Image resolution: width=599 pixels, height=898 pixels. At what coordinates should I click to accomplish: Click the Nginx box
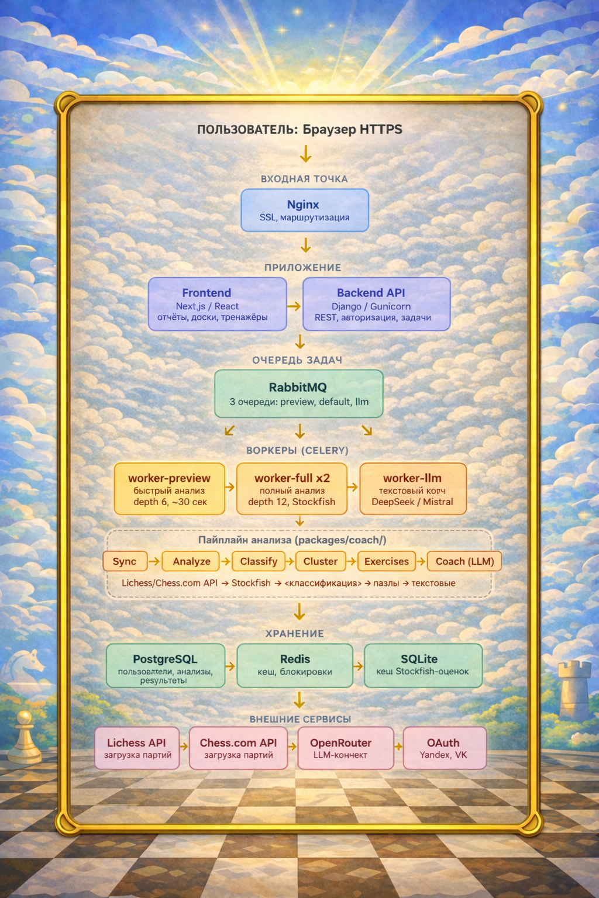pyautogui.click(x=305, y=210)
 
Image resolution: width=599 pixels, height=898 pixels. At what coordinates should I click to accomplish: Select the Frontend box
pyautogui.click(x=217, y=304)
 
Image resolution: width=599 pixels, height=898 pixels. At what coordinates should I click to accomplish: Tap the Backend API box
pyautogui.click(x=376, y=304)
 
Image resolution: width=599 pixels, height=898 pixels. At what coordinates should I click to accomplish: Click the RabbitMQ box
pyautogui.click(x=298, y=393)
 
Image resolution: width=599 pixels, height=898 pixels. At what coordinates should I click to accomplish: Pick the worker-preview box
pyautogui.click(x=169, y=489)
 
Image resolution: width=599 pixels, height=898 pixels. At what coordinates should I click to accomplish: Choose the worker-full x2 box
pyautogui.click(x=292, y=489)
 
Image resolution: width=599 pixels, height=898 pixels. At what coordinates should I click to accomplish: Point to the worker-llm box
pyautogui.click(x=412, y=489)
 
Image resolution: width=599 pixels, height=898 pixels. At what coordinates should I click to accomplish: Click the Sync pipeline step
pyautogui.click(x=124, y=561)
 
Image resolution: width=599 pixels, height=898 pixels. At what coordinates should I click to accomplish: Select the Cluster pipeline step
pyautogui.click(x=320, y=561)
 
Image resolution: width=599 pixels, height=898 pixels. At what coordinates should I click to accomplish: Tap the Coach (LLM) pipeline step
pyautogui.click(x=464, y=561)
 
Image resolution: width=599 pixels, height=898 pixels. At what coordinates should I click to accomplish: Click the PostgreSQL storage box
pyautogui.click(x=165, y=665)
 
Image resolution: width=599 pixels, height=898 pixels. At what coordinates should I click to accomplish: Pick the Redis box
pyautogui.click(x=295, y=665)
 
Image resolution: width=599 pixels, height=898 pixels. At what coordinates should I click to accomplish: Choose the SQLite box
pyautogui.click(x=423, y=665)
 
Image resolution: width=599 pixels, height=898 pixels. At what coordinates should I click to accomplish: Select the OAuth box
pyautogui.click(x=444, y=748)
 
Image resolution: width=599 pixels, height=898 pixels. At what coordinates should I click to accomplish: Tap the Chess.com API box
pyautogui.click(x=238, y=748)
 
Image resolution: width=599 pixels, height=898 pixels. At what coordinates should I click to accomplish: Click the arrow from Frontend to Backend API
pyautogui.click(x=294, y=306)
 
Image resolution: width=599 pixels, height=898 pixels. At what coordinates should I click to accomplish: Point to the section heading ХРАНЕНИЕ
pyautogui.click(x=294, y=633)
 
